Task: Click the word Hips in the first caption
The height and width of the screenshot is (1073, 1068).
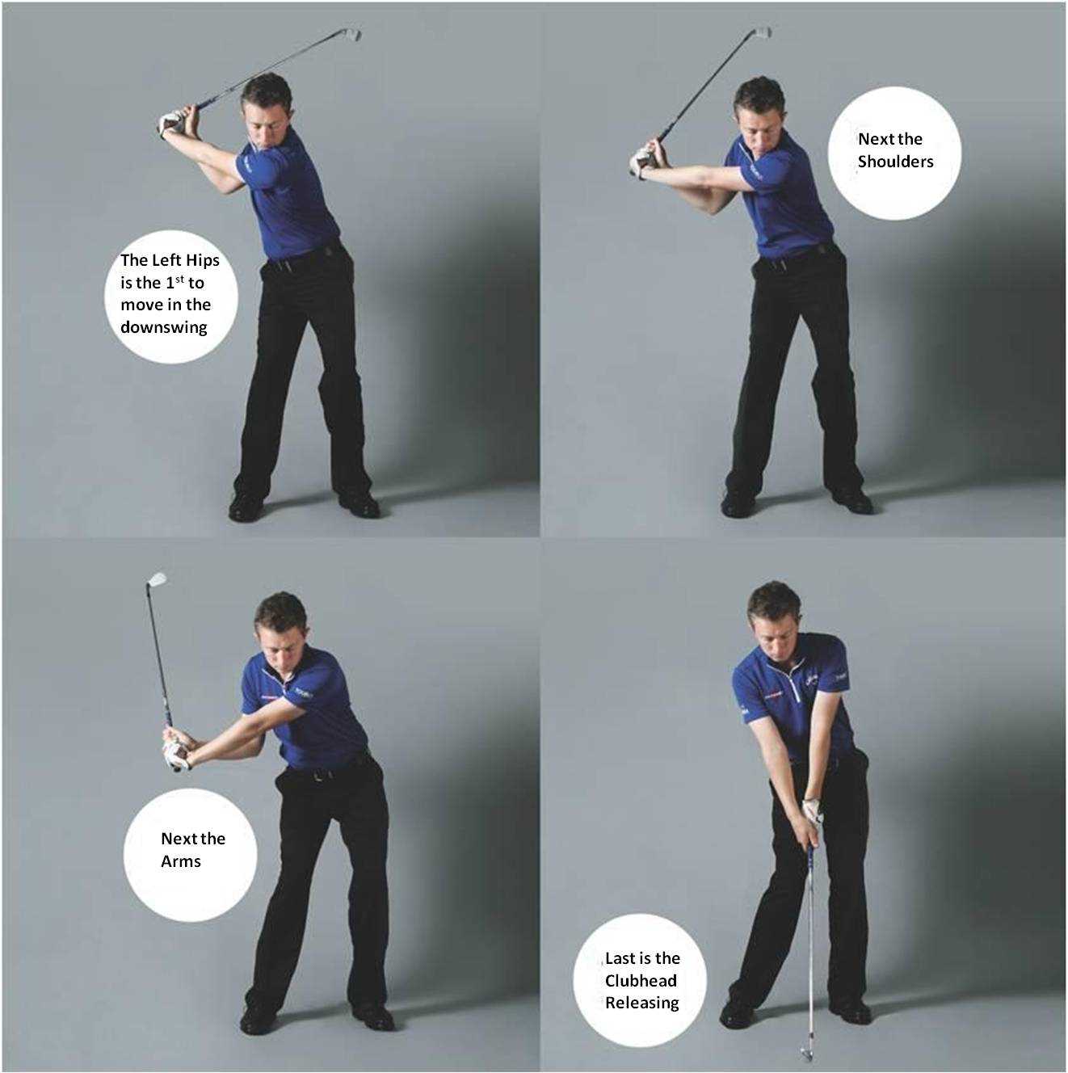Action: [x=202, y=260]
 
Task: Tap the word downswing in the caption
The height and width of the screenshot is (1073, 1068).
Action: [x=164, y=327]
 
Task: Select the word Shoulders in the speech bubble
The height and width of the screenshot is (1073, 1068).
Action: [x=895, y=162]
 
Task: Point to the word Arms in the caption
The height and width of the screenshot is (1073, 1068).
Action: [x=181, y=861]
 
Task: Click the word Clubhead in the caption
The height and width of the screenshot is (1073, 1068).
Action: [x=641, y=981]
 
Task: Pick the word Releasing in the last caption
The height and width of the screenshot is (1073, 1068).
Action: [x=641, y=1003]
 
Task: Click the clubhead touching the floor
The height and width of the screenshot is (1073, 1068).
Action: [x=806, y=1052]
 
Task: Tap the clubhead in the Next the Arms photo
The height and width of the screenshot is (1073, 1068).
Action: [x=157, y=579]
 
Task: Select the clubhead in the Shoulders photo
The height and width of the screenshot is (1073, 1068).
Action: [x=762, y=32]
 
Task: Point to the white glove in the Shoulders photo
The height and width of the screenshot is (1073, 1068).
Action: [x=641, y=162]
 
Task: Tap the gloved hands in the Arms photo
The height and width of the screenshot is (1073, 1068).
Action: [x=176, y=750]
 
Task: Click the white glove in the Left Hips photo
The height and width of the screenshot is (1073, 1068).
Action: [x=170, y=123]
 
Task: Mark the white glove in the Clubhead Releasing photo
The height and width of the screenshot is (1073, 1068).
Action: [x=813, y=810]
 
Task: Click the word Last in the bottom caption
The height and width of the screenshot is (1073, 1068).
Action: [x=620, y=958]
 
